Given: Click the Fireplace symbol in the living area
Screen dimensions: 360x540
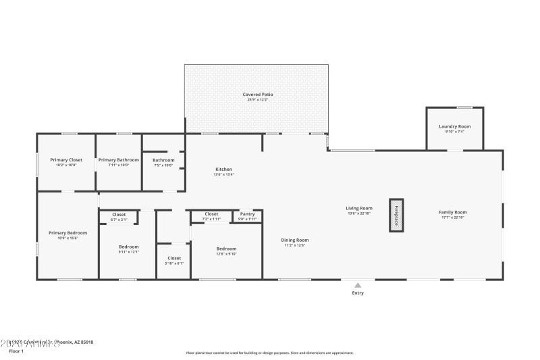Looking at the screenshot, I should pyautogui.click(x=396, y=215).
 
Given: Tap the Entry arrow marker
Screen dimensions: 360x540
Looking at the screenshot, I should pyautogui.click(x=358, y=285).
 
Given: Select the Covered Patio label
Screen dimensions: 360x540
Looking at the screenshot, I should pyautogui.click(x=258, y=94).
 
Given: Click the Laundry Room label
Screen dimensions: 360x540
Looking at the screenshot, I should pyautogui.click(x=454, y=126).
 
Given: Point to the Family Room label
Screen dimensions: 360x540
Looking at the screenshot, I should pyautogui.click(x=453, y=212).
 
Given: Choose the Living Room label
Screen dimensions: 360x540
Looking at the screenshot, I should pyautogui.click(x=360, y=208).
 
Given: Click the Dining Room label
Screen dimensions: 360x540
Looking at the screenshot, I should pyautogui.click(x=295, y=240).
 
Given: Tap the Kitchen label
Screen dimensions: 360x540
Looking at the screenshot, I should pyautogui.click(x=223, y=169).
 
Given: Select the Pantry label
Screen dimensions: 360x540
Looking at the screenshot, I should pyautogui.click(x=247, y=214).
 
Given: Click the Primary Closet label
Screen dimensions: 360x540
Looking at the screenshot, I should pyautogui.click(x=66, y=160).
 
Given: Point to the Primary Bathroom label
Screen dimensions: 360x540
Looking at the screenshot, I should pyautogui.click(x=119, y=160).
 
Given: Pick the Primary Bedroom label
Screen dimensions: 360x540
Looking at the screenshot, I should pyautogui.click(x=67, y=233).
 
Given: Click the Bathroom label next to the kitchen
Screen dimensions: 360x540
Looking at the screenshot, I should pyautogui.click(x=163, y=160).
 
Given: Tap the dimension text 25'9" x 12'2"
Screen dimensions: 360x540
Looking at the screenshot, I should pyautogui.click(x=258, y=100).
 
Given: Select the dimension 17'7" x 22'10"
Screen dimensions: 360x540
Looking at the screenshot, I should pyautogui.click(x=453, y=217).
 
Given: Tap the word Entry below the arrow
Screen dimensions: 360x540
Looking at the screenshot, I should pyautogui.click(x=358, y=293).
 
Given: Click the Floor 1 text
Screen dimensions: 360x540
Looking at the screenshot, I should pyautogui.click(x=16, y=351).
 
